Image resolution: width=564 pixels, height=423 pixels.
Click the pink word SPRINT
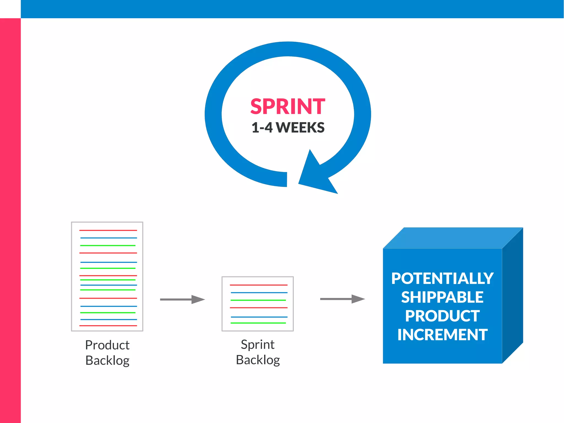[x=288, y=107]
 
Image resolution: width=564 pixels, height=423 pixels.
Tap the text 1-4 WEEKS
[x=288, y=128]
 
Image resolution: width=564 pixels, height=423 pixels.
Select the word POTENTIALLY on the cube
[x=442, y=278]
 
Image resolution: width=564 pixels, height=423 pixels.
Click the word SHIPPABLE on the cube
[x=442, y=297]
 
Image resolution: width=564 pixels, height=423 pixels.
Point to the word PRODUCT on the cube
[x=442, y=316]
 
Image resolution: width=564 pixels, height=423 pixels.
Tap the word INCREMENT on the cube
[x=442, y=335]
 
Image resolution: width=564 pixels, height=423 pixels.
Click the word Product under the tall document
[x=107, y=345]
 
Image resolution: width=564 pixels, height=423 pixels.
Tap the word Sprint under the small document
[x=257, y=344]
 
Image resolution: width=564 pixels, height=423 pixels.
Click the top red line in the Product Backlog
[x=108, y=230]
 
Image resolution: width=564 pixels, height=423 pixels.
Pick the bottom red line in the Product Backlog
[x=108, y=325]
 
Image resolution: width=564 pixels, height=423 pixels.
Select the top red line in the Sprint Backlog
[x=258, y=285]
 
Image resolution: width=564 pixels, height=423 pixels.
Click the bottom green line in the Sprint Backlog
[x=258, y=323]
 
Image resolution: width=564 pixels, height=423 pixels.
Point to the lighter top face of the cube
[x=453, y=238]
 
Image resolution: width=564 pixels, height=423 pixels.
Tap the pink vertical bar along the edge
[x=10, y=220]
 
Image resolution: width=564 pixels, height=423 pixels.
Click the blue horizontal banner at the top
[x=292, y=9]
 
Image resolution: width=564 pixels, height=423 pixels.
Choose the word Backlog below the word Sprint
[x=258, y=360]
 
